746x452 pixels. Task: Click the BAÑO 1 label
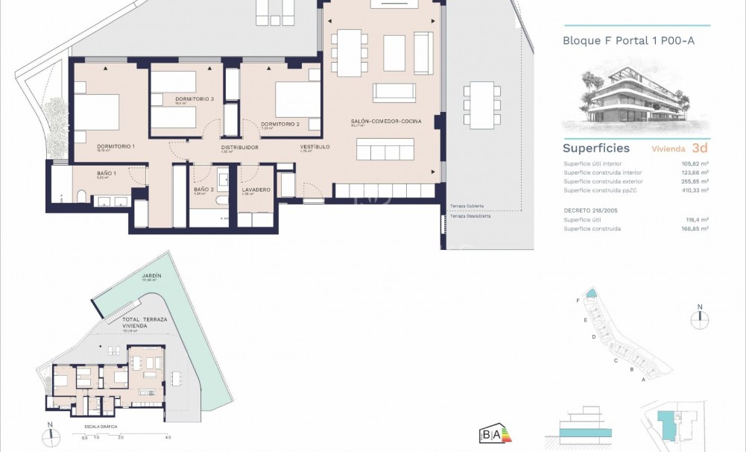106,174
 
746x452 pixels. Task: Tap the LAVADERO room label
255,189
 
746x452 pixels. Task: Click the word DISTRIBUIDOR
239,148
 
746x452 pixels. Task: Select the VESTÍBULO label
314,147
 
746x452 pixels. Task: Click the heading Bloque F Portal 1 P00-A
628,41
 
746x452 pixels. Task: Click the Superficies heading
595,148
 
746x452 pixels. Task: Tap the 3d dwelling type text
699,148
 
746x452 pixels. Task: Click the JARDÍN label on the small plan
151,277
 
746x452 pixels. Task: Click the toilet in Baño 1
81,196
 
